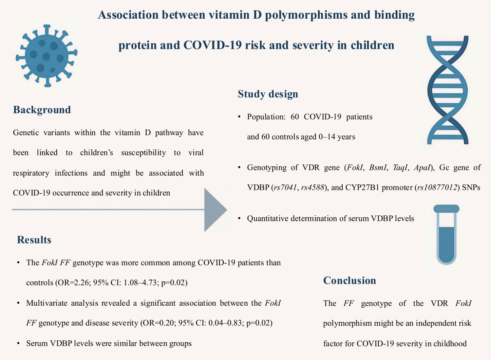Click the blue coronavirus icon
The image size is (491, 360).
pyautogui.click(x=47, y=56)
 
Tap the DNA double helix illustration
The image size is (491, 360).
pyautogui.click(x=448, y=90)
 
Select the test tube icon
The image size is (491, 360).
pyautogui.click(x=446, y=234)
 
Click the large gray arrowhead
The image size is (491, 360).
pyautogui.click(x=215, y=210)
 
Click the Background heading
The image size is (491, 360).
pyautogui.click(x=42, y=110)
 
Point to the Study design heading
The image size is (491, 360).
pyautogui.click(x=268, y=94)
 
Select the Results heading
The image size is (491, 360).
pyautogui.click(x=34, y=240)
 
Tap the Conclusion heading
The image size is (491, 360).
pyautogui.click(x=350, y=281)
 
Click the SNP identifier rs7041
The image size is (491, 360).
pyautogui.click(x=285, y=187)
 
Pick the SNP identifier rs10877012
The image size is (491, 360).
pyautogui.click(x=437, y=187)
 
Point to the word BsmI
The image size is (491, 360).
pyautogui.click(x=378, y=167)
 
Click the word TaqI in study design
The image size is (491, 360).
pyautogui.click(x=400, y=167)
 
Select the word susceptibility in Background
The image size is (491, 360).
pyautogui.click(x=144, y=152)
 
